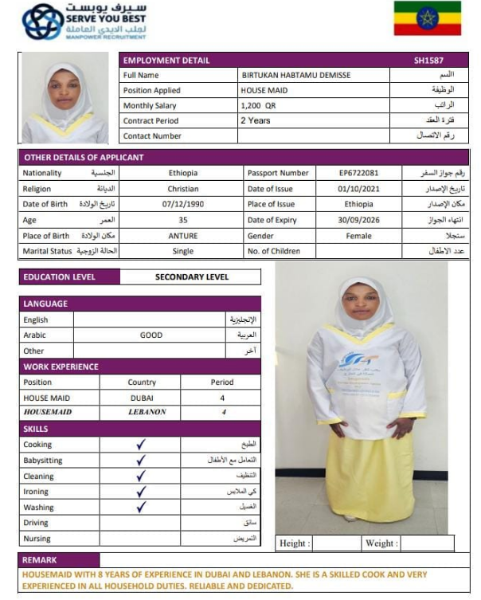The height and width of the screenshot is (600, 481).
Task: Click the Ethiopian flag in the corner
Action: [427, 18]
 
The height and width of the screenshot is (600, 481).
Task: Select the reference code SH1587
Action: [428, 60]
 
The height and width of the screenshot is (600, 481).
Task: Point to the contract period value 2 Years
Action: [255, 120]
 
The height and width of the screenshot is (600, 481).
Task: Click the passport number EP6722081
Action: [358, 173]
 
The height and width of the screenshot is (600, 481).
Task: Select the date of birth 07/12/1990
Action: [183, 204]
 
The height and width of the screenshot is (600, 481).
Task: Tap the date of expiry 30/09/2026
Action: [358, 220]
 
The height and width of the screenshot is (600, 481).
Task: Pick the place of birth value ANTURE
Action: [183, 236]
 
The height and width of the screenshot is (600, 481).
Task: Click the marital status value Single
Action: [183, 251]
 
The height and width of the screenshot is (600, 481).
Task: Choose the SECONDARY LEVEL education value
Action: [191, 277]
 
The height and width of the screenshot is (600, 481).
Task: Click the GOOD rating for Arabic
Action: [151, 335]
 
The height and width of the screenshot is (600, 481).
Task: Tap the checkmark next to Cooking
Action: [141, 445]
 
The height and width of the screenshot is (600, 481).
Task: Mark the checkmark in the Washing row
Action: [141, 507]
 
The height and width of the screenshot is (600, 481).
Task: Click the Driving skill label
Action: [36, 523]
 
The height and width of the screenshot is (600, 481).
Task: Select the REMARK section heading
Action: [40, 560]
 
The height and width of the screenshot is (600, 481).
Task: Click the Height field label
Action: [293, 543]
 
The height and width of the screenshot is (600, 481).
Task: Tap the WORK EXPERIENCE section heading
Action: [61, 367]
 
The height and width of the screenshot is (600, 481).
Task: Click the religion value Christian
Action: [183, 189]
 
